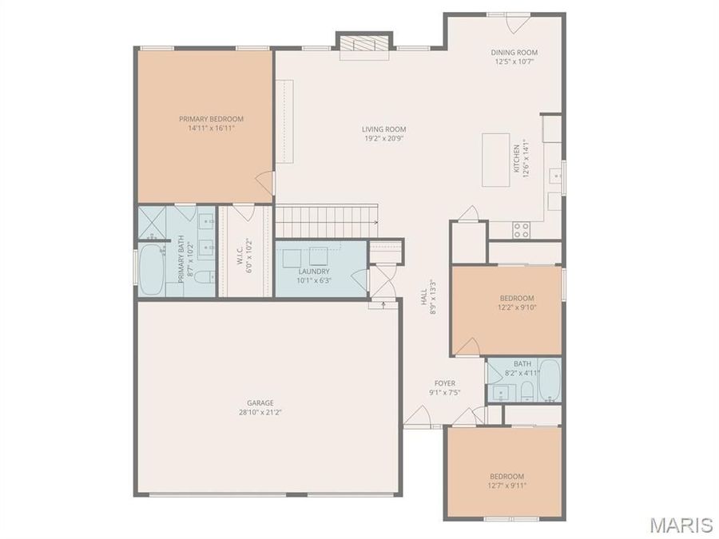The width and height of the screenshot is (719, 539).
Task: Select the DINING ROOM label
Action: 513,53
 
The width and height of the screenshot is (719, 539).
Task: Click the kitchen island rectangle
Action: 495,160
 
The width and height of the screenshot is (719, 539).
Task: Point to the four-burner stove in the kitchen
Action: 521,230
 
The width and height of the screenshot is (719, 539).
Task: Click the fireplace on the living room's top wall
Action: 364,45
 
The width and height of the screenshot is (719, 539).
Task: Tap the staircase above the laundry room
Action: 326,221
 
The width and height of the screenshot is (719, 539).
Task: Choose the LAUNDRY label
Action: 314,271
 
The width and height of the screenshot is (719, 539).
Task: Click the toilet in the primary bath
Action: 205,277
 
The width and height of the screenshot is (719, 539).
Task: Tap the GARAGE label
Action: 260,402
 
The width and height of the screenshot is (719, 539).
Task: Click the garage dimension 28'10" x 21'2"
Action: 260,413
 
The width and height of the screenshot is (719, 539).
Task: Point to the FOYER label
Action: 445,383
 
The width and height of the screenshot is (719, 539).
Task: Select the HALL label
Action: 424,296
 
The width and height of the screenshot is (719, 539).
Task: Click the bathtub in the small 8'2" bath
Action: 549,381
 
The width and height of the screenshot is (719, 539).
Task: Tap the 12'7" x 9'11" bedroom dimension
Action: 506,485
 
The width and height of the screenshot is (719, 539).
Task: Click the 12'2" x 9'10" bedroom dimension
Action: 517,307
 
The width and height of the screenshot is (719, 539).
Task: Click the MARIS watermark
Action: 681,525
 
